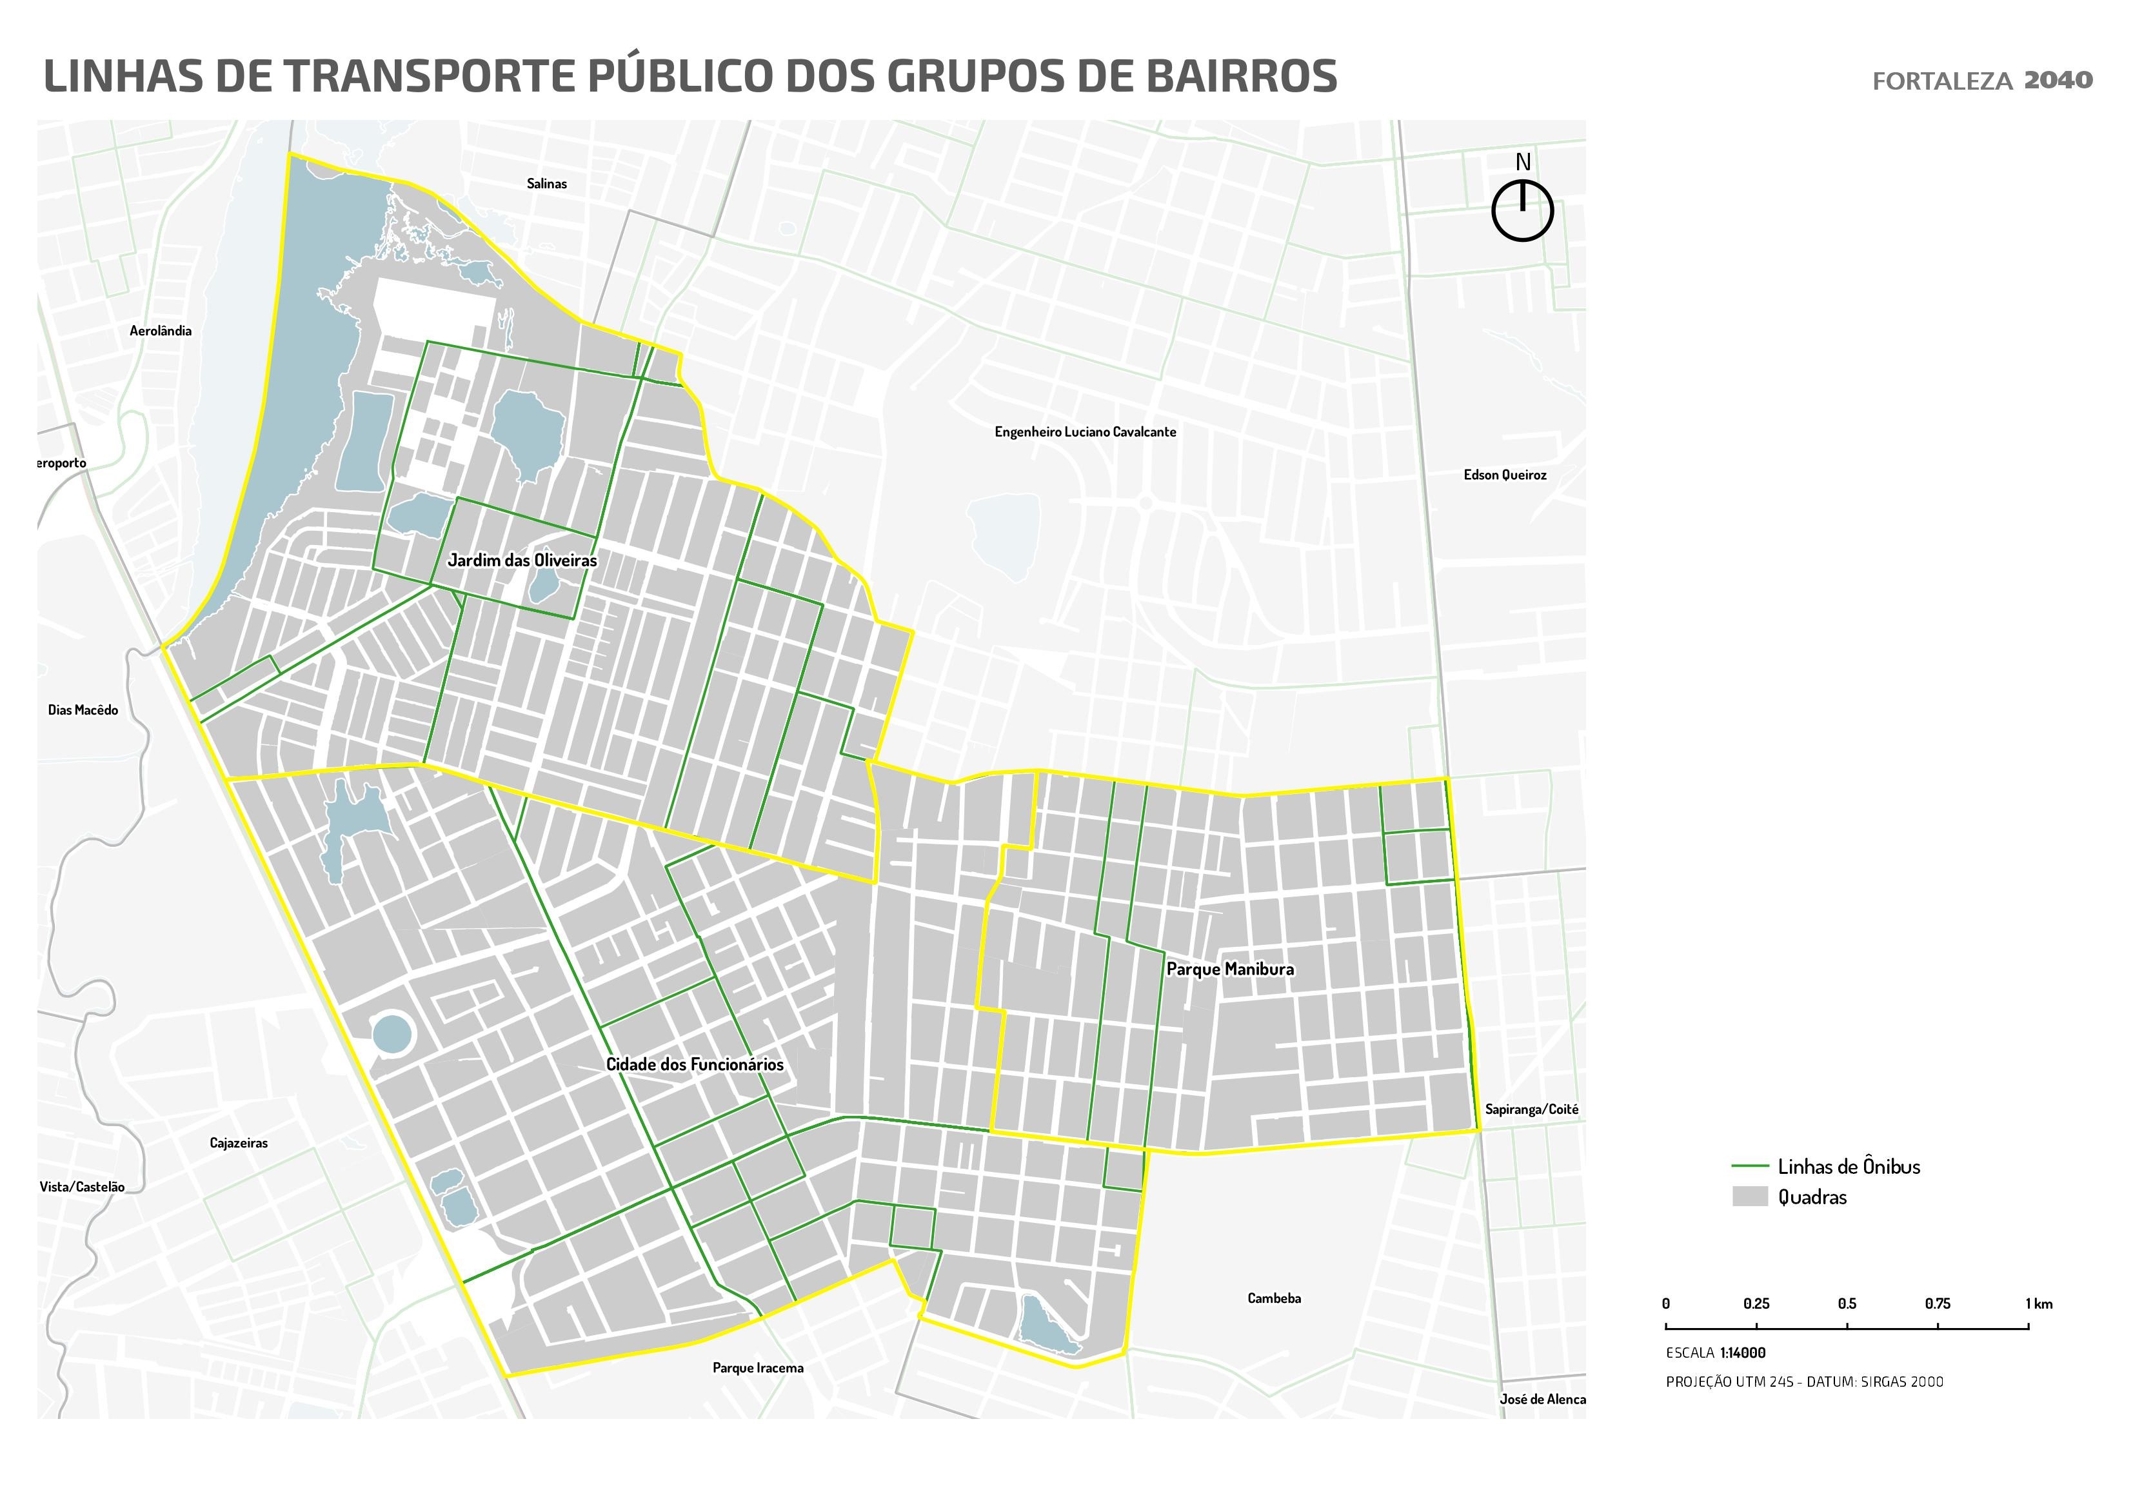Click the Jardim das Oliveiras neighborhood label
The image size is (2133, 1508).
pyautogui.click(x=522, y=561)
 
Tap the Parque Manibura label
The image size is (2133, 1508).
pyautogui.click(x=1230, y=969)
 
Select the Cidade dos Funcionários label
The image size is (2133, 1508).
pyautogui.click(x=694, y=1065)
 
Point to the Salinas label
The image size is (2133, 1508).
pyautogui.click(x=546, y=184)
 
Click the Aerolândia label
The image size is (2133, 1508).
pyautogui.click(x=161, y=331)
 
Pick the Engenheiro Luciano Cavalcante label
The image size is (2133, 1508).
pyautogui.click(x=1085, y=432)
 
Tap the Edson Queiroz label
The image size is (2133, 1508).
pyautogui.click(x=1505, y=475)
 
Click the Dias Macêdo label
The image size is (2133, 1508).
pyautogui.click(x=83, y=710)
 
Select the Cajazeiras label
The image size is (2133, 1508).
pyautogui.click(x=239, y=1143)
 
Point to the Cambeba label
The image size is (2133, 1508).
pyautogui.click(x=1274, y=1298)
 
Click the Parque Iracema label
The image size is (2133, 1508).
pyautogui.click(x=758, y=1367)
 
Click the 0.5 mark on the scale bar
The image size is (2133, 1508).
pyautogui.click(x=1847, y=1328)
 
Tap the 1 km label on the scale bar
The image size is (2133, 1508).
pyautogui.click(x=2039, y=1304)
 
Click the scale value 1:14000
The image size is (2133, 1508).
pyautogui.click(x=1743, y=1353)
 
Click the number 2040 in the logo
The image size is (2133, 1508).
pyautogui.click(x=2058, y=81)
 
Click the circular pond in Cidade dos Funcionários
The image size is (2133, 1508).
pyautogui.click(x=391, y=1033)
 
